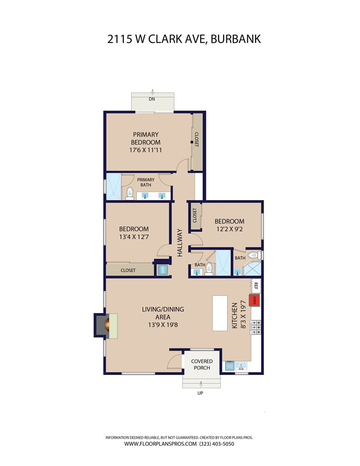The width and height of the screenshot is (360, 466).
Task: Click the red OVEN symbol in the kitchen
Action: [x=255, y=300]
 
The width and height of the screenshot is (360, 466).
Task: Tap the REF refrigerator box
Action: [x=256, y=286]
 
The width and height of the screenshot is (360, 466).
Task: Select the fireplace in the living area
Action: [x=106, y=325]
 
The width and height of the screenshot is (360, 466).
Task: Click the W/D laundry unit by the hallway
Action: [x=163, y=270]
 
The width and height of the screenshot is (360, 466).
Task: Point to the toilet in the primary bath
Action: [x=130, y=193]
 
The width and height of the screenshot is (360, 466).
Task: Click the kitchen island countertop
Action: [x=220, y=313]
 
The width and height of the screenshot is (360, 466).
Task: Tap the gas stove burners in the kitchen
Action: [x=256, y=327]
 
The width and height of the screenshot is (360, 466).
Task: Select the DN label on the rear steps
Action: [x=152, y=99]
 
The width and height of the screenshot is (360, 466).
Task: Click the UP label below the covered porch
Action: [x=201, y=393]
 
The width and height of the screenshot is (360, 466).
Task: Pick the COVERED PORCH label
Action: [x=202, y=364]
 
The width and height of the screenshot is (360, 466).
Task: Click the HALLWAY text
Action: [x=180, y=243]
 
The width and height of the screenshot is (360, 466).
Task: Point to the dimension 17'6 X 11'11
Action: [x=146, y=150]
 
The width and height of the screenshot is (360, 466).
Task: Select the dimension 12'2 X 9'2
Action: [x=229, y=229]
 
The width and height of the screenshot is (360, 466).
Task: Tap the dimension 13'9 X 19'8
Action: [x=163, y=325]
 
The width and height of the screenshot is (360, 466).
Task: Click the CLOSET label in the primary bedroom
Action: [x=196, y=140]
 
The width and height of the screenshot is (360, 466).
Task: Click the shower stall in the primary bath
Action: [x=114, y=186]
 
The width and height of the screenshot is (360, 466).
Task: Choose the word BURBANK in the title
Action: [x=236, y=39]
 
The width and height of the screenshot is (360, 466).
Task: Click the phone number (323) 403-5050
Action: [x=217, y=444]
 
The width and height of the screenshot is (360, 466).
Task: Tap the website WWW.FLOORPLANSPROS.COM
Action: [x=160, y=444]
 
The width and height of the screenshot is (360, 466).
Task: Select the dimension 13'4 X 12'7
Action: [x=134, y=237]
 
